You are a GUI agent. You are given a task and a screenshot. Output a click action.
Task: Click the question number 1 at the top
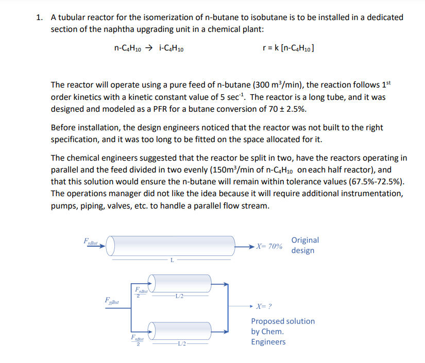39,17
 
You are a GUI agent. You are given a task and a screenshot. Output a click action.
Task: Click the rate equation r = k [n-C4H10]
288,49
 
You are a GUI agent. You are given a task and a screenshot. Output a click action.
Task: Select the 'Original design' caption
304,245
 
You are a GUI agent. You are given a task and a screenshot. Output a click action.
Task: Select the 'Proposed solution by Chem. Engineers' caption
282,332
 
